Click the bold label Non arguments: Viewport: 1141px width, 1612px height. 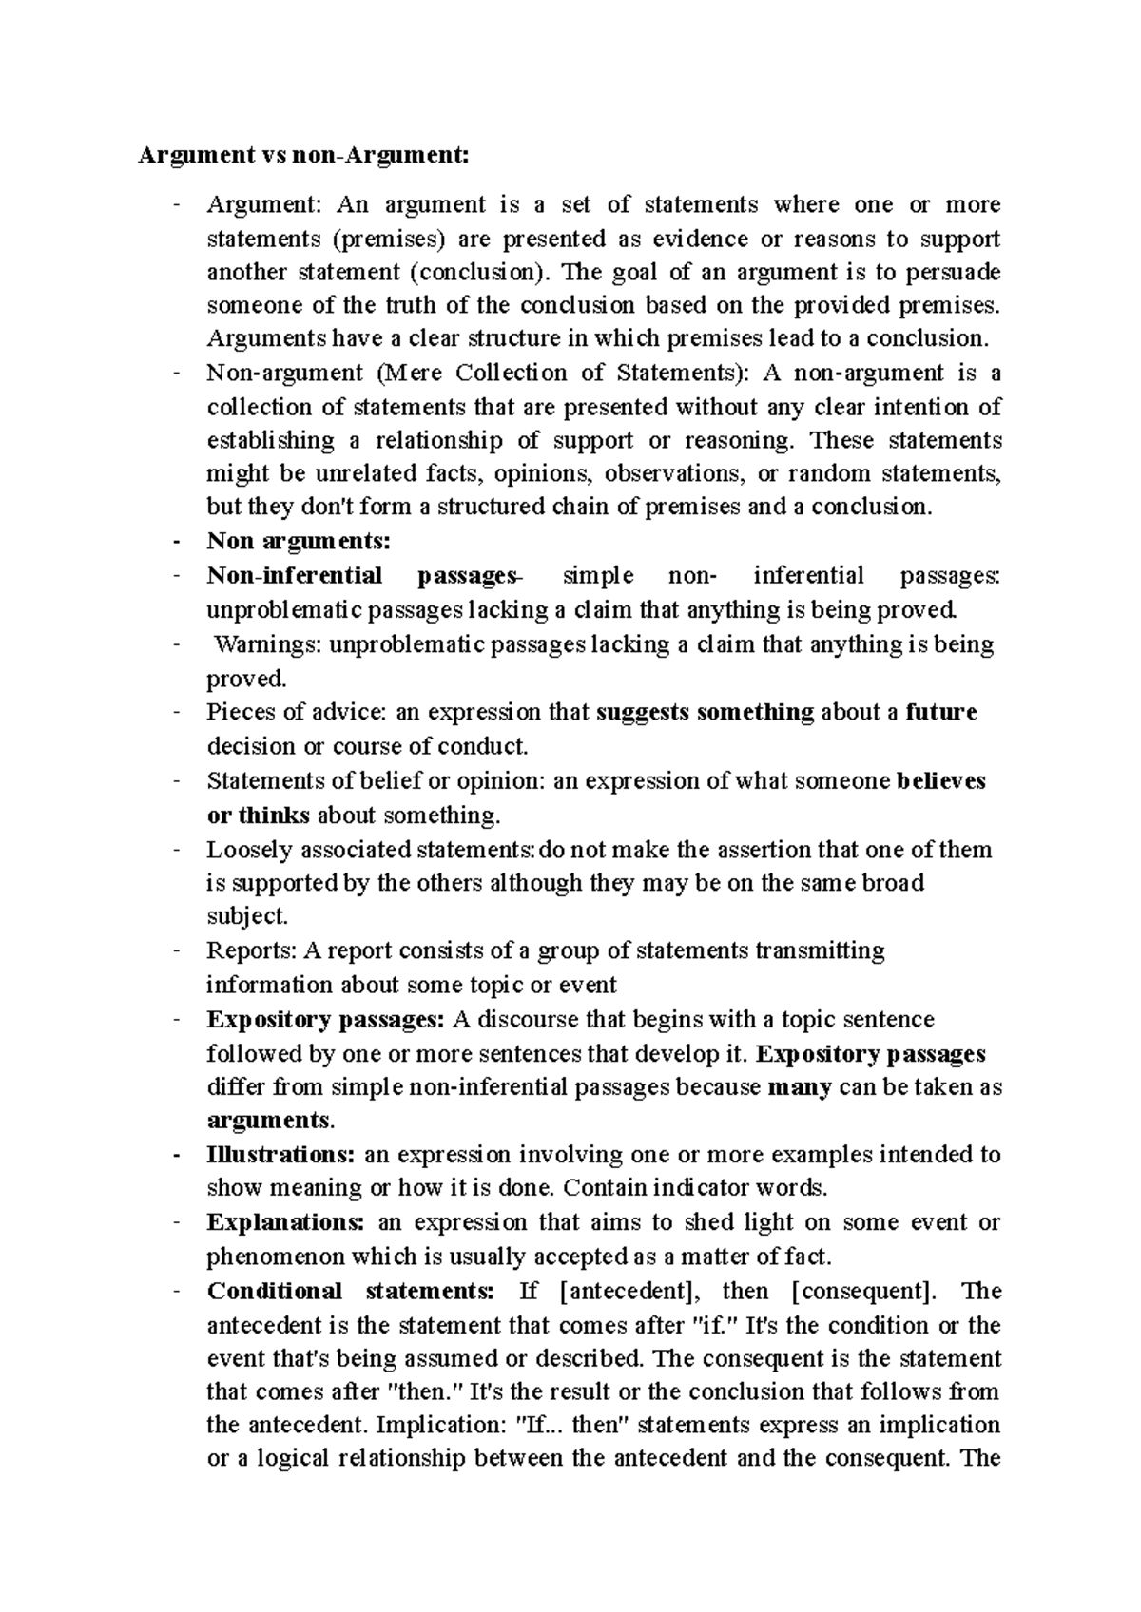(299, 541)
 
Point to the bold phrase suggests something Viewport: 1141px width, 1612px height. (705, 712)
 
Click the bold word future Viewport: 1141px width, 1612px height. (941, 712)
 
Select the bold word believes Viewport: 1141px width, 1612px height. (941, 781)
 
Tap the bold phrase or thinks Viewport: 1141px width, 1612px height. (259, 816)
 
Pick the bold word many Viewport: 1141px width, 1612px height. (799, 1087)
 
